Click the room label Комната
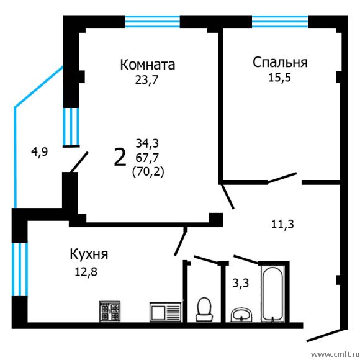[x=148, y=65]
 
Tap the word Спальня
[x=280, y=62]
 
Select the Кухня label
[x=89, y=254]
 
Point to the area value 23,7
[x=147, y=79]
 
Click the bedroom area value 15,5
[x=280, y=78]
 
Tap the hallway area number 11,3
[x=282, y=224]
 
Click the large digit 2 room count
[x=120, y=157]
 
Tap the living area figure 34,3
[x=148, y=145]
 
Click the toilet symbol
[x=203, y=308]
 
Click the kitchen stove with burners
[x=112, y=310]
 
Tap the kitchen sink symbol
[x=165, y=310]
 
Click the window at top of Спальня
[x=279, y=22]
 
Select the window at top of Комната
[x=152, y=22]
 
